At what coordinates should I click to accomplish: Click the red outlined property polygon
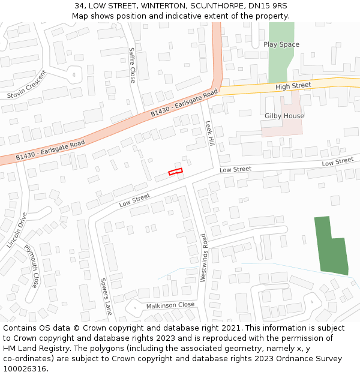[175, 172]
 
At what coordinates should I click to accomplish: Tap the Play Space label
[281, 44]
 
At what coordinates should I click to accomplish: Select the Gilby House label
[284, 116]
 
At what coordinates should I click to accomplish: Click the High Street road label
[293, 86]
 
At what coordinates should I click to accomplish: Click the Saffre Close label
[132, 65]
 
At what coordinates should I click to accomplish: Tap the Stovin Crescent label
[27, 85]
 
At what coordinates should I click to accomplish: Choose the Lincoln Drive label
[17, 230]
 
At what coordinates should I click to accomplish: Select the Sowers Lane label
[106, 296]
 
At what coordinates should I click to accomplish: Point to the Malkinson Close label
[170, 305]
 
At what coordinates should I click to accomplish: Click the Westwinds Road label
[204, 257]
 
